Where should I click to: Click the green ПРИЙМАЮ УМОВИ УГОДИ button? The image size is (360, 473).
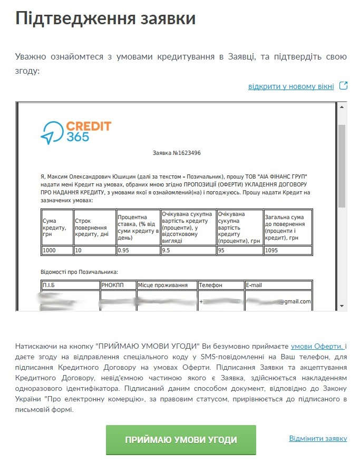point(181,440)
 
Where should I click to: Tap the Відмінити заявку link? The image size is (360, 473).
point(318,438)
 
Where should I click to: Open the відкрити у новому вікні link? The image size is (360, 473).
point(291,86)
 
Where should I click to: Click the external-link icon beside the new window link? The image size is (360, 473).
point(343,85)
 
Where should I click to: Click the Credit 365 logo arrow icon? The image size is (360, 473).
point(51,133)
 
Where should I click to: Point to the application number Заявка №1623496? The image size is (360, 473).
point(176,153)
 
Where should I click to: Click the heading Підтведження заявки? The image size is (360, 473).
point(105,18)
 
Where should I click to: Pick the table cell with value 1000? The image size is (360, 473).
point(57,250)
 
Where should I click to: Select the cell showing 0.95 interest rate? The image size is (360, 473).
point(138,250)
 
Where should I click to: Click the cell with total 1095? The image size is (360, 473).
point(288,250)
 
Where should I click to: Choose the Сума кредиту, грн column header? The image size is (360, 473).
point(57,227)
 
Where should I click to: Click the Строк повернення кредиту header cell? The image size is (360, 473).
point(95,227)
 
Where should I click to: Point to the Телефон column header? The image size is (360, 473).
point(221,285)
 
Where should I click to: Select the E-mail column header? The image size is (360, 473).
point(278,285)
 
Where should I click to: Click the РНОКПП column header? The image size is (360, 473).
point(118,285)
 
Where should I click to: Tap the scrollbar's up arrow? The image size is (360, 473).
point(342,106)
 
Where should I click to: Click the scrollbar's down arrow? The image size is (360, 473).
point(342,306)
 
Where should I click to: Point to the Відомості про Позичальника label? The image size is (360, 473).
point(79,272)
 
